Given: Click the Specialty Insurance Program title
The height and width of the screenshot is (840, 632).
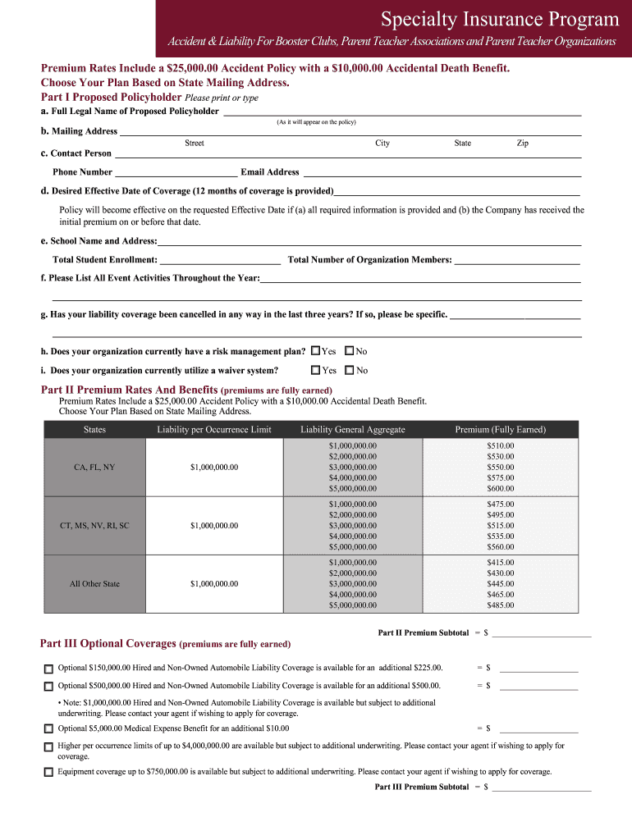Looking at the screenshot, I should point(500,19).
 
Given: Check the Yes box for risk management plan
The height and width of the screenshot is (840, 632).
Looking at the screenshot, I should point(316,351).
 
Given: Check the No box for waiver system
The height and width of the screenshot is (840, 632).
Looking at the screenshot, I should point(350,370).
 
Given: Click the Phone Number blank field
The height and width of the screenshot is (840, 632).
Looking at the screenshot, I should point(176,172).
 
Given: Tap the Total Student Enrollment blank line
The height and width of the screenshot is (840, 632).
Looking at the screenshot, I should point(220,260).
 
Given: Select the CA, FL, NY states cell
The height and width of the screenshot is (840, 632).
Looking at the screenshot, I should point(94,467).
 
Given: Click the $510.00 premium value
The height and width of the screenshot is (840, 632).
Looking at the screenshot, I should point(500,445).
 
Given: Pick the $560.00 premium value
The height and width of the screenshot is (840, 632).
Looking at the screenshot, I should point(500,546).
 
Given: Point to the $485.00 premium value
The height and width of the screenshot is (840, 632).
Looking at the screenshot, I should point(500,605).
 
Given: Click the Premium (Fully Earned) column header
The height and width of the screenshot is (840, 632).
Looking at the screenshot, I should point(500,429).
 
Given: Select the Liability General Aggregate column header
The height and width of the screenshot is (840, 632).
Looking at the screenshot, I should point(352,429).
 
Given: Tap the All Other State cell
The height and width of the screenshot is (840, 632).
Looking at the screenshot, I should point(94,583).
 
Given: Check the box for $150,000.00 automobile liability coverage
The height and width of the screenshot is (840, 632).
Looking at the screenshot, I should point(48,669).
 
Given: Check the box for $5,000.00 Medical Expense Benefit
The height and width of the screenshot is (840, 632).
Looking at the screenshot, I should point(48,728).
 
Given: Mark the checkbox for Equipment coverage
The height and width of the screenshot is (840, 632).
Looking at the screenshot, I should point(48,772).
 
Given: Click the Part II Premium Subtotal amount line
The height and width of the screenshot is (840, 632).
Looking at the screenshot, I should point(541,633).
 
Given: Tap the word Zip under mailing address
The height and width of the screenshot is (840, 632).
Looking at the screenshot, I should point(522,143).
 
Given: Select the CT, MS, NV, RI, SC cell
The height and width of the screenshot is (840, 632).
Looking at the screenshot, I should point(94,525).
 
